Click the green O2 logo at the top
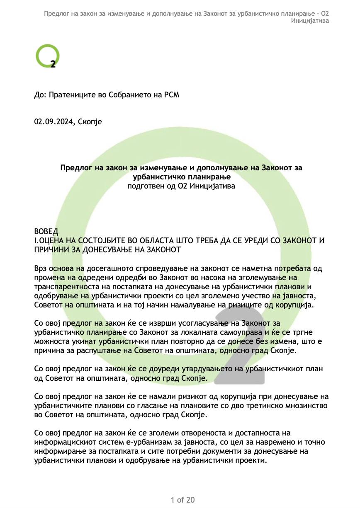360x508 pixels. coord(48,57)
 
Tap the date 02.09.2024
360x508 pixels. coord(52,122)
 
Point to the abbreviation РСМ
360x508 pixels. coord(171,95)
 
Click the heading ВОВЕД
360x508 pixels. coord(46,231)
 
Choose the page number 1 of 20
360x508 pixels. coord(182,499)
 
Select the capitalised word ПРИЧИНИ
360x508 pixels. coord(51,250)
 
